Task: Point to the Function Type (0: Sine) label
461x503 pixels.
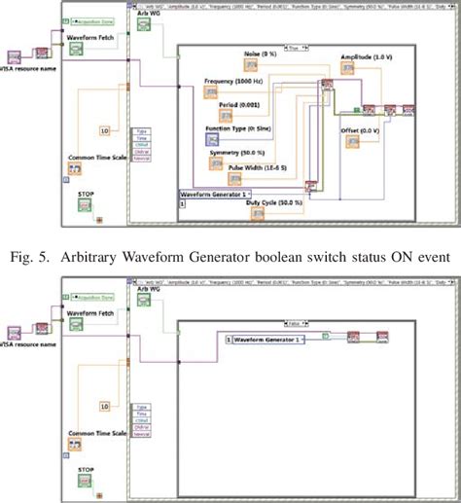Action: click(x=236, y=128)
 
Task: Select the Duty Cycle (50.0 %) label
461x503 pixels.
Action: click(x=267, y=202)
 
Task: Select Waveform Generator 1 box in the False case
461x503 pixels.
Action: click(x=264, y=339)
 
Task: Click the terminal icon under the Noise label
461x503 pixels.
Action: click(x=250, y=68)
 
